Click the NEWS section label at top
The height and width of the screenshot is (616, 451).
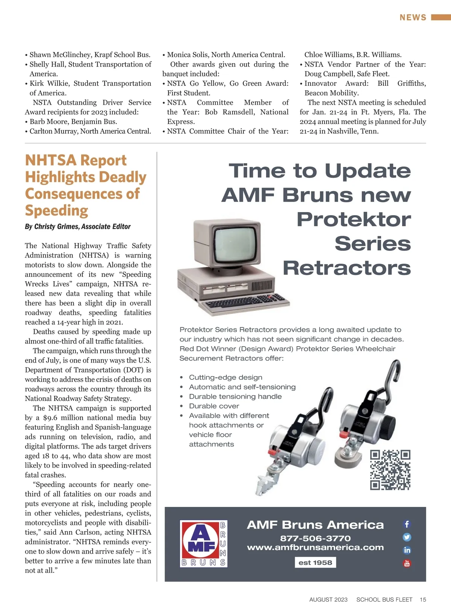point(413,18)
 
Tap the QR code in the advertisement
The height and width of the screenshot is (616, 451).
point(390,470)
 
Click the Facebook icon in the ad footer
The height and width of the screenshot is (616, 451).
point(407,524)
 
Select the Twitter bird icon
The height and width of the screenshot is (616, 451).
point(407,537)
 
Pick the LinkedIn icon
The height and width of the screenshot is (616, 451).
point(407,550)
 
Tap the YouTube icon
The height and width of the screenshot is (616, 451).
point(407,563)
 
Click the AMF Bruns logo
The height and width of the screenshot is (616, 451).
point(203,543)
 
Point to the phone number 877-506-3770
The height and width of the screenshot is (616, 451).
point(315,538)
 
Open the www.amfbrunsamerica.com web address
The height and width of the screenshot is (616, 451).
point(315,548)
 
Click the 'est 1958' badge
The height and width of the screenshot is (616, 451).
point(315,563)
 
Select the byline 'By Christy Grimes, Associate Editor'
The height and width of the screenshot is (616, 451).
point(78,226)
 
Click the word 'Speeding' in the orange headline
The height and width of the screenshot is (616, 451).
point(57,211)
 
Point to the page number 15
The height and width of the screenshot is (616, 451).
point(423,599)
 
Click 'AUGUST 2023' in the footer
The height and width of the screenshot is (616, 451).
point(328,599)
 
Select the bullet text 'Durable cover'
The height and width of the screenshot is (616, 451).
point(214,406)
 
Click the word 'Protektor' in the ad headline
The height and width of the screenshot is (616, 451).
point(354,219)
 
